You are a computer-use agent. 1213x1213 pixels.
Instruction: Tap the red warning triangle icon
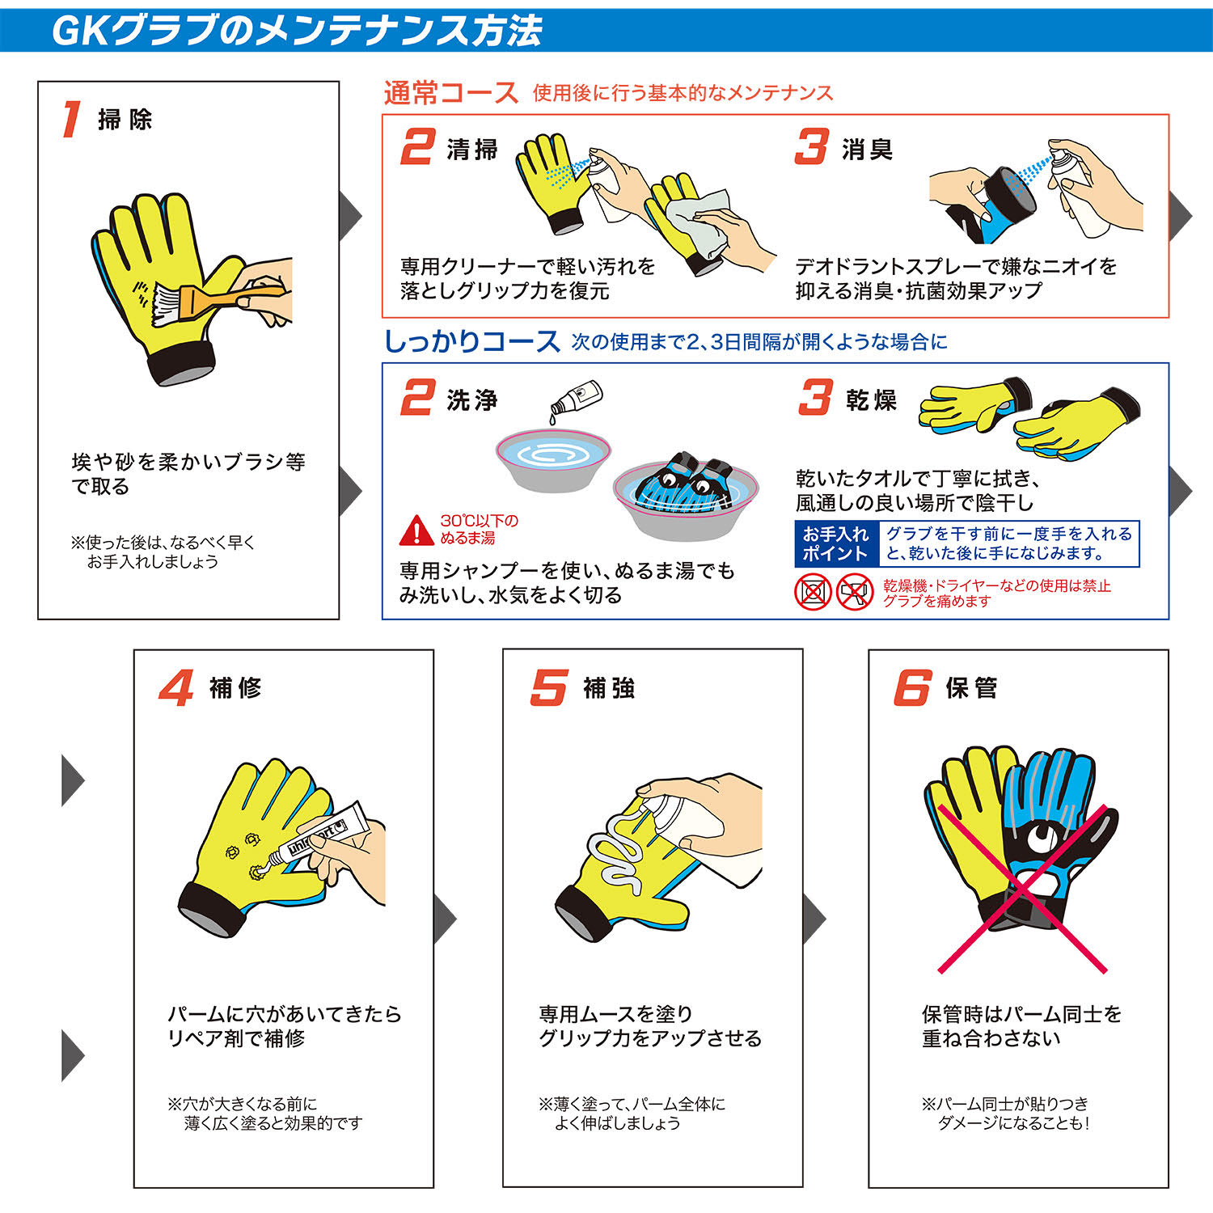(x=416, y=530)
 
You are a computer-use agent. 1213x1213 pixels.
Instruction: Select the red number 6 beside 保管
(x=913, y=687)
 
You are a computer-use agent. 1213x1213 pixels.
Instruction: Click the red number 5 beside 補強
(x=549, y=687)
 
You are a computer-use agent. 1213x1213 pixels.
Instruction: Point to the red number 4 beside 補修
(x=176, y=687)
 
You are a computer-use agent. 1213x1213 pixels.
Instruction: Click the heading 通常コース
(x=450, y=93)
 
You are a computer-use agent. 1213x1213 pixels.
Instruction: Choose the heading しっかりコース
(x=471, y=341)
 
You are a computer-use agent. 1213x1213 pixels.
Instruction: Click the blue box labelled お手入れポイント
(x=835, y=544)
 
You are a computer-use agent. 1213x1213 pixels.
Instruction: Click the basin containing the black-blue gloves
(x=686, y=501)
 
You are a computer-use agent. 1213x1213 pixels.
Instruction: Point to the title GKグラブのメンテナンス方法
(x=297, y=31)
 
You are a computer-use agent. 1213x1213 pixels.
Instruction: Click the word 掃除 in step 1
(x=125, y=120)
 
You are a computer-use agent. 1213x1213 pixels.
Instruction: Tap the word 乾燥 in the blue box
(x=872, y=400)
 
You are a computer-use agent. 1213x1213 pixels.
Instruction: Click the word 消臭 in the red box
(x=867, y=150)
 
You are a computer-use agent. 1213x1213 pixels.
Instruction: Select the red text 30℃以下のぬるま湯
(x=479, y=529)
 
